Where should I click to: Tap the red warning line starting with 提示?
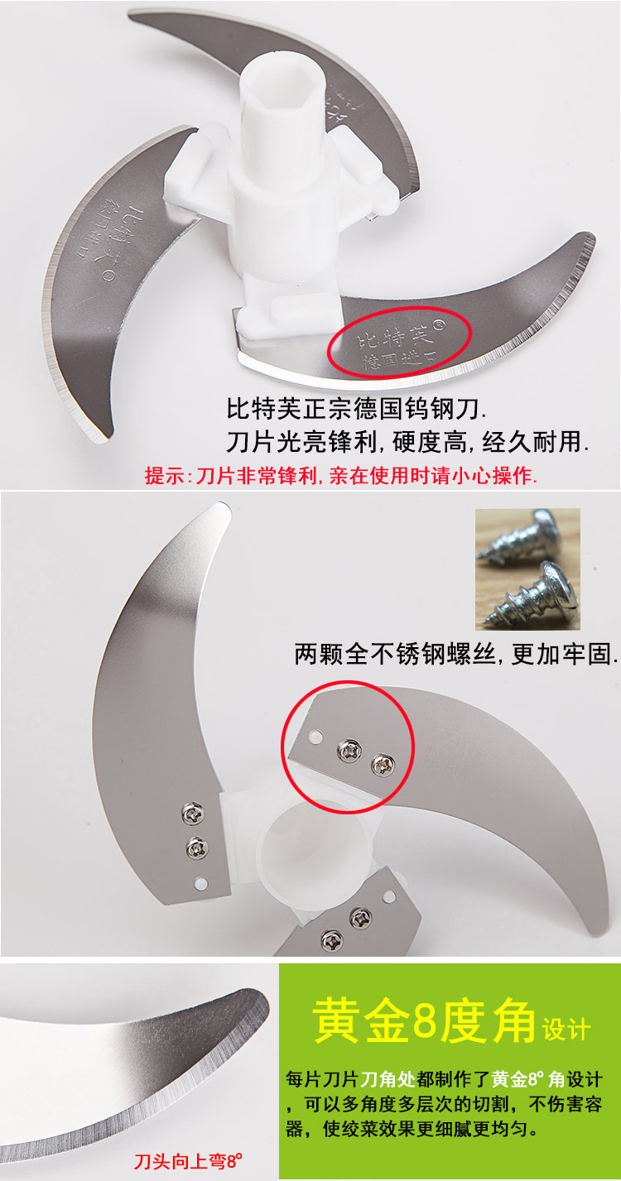pos(340,476)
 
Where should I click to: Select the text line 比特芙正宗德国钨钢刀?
pos(357,408)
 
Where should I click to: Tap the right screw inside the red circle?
pos(380,761)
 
